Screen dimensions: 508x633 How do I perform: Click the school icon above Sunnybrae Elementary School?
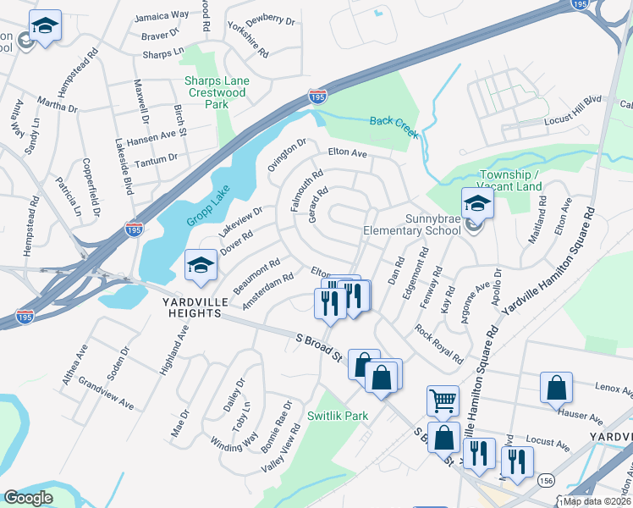(x=476, y=204)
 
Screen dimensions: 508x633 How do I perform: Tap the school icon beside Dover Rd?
(x=201, y=267)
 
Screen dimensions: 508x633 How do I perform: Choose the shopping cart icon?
(x=443, y=400)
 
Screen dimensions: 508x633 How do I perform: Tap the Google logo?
(x=28, y=498)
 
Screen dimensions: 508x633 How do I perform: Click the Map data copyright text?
(x=597, y=500)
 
